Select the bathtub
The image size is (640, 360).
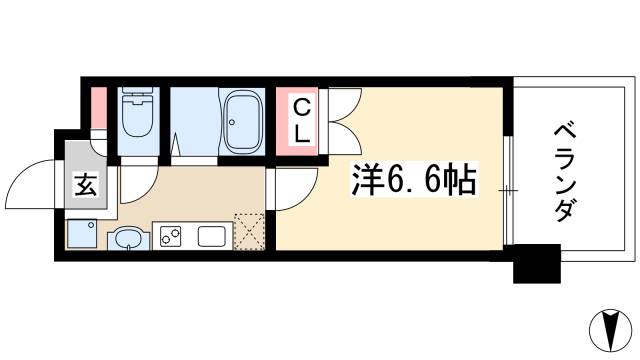241,123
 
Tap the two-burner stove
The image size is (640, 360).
169,237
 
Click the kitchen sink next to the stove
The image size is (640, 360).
214,237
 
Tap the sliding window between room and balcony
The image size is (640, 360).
508,190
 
